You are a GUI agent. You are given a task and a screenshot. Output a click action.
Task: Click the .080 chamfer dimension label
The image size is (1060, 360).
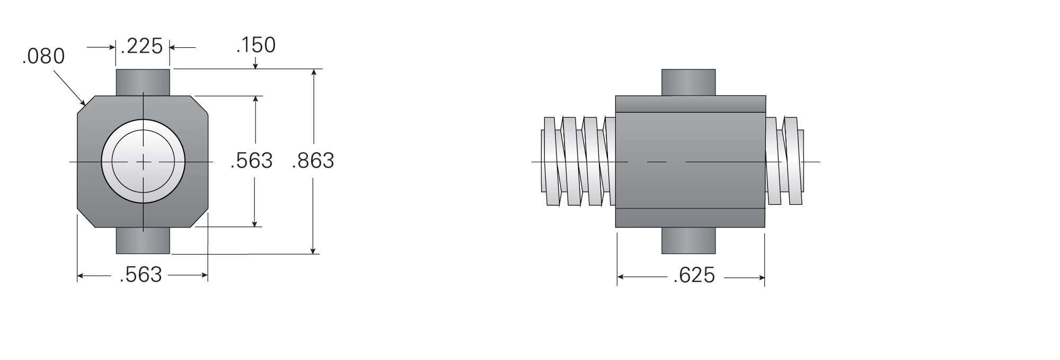pos(43,56)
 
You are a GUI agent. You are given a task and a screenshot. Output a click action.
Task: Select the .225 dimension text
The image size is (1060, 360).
pos(142,46)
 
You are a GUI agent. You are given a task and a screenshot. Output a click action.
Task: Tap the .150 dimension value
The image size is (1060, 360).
pos(256,45)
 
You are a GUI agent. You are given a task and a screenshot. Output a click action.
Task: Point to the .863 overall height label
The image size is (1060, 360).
pos(313,161)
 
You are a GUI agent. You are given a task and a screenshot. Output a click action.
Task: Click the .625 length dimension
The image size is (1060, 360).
pos(694,276)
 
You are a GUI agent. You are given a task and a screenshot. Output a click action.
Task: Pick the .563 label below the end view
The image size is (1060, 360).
pos(141,275)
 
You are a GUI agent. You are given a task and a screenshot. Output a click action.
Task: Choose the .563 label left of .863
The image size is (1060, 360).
pos(252,161)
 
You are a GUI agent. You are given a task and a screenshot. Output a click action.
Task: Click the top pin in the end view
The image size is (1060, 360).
pos(143,83)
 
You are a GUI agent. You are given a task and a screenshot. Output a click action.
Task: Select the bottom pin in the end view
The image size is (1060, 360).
pos(143,241)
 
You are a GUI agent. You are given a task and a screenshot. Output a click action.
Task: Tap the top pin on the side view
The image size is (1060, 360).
pos(688,83)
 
